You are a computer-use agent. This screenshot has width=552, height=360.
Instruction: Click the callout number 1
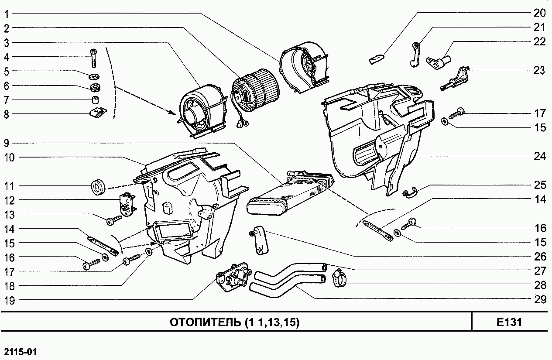[7, 14]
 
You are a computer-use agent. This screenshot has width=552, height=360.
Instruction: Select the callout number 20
[539, 13]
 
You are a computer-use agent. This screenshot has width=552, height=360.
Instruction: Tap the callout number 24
[539, 156]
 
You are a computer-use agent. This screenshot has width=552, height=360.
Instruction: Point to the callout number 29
[539, 299]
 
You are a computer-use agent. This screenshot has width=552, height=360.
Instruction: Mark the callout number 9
[7, 143]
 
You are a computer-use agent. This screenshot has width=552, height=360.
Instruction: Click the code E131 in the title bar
[509, 322]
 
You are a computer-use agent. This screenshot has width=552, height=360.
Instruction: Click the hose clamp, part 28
[340, 278]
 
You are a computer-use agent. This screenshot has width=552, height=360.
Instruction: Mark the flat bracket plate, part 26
[261, 240]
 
